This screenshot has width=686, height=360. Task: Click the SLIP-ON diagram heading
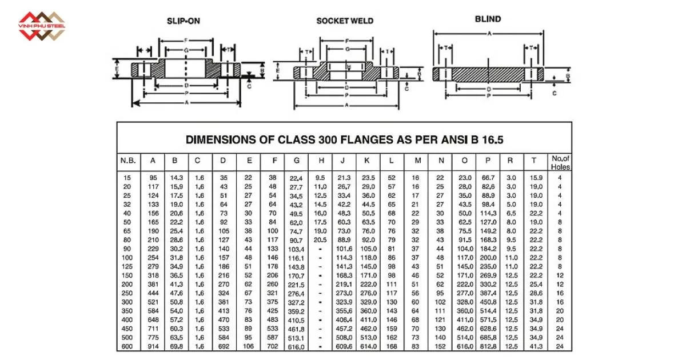point(184,21)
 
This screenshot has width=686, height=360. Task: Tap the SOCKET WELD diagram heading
point(345,21)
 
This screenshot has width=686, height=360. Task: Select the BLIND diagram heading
point(488,19)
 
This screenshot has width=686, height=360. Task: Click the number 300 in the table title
point(334,139)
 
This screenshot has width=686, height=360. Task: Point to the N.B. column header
point(127,161)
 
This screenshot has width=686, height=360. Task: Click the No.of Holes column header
point(560,162)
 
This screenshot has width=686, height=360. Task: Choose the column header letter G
point(296,161)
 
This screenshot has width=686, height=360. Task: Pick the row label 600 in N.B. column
point(127,346)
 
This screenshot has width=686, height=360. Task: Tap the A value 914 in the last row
point(153,346)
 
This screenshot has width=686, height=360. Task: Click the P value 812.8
point(488,346)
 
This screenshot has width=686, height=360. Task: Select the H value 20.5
point(320,240)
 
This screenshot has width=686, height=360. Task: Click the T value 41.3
point(535,346)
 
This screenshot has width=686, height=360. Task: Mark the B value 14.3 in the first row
point(176,178)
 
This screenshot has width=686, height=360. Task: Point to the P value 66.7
point(488,178)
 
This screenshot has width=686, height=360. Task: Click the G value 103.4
point(296,250)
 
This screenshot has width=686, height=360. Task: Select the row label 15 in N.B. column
point(127,178)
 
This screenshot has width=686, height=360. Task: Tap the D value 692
point(224,346)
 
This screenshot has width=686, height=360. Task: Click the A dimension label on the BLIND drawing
point(489,34)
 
